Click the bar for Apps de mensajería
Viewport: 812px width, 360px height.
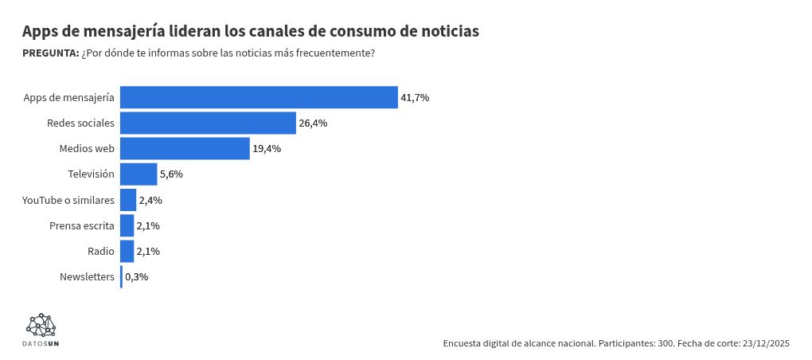pyautogui.click(x=259, y=97)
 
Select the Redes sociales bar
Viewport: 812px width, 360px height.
pyautogui.click(x=208, y=123)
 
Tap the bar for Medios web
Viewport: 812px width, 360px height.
pyautogui.click(x=185, y=148)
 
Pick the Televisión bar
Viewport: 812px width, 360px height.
pyautogui.click(x=139, y=174)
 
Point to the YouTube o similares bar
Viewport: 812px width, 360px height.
pyautogui.click(x=128, y=200)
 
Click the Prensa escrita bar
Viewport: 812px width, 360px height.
pyautogui.click(x=127, y=225)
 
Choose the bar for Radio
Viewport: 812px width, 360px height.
pyautogui.click(x=127, y=251)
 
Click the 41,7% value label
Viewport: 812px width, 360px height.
pyautogui.click(x=415, y=97)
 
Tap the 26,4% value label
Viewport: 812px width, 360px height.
pyautogui.click(x=313, y=123)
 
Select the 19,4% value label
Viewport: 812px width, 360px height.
pyautogui.click(x=267, y=148)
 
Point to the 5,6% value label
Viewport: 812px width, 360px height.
pyautogui.click(x=171, y=174)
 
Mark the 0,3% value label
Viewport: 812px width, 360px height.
pyautogui.click(x=136, y=277)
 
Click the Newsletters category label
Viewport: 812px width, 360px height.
pyautogui.click(x=87, y=277)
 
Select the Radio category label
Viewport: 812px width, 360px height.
pyautogui.click(x=101, y=251)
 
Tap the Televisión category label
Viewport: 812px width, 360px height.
pyautogui.click(x=92, y=174)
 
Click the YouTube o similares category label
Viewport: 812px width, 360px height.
pyautogui.click(x=68, y=200)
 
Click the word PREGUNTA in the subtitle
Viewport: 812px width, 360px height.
pyautogui.click(x=50, y=53)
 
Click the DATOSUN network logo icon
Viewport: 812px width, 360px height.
pyautogui.click(x=41, y=324)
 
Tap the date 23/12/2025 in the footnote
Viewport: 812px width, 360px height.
pyautogui.click(x=766, y=343)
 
